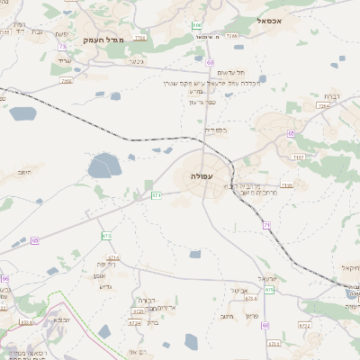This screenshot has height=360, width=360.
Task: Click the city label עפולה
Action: [x=202, y=176]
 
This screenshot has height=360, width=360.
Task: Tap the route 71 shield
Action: [x=266, y=225]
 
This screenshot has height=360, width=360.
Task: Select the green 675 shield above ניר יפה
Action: [x=106, y=236]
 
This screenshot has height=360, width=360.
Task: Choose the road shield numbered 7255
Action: [x=66, y=81]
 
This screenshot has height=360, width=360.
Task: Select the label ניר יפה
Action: [x=109, y=265]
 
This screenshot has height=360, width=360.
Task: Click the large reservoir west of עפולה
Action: [x=104, y=166]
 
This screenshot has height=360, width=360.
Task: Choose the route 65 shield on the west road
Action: [x=34, y=240]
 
